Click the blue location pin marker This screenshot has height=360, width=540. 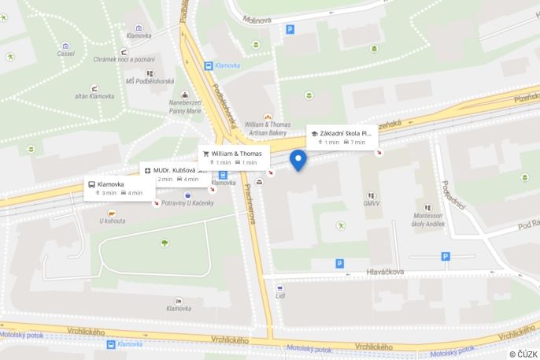pos(298,160)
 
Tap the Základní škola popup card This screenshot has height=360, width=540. pos(342,137)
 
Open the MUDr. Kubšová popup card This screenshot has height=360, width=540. pos(175,174)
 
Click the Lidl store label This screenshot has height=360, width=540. pos(279,296)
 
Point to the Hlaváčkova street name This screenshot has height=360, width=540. pos(385,272)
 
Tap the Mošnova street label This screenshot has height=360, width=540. pos(257,20)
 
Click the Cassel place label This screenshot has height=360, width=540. pos(65,54)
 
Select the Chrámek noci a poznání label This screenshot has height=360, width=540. pos(124,59)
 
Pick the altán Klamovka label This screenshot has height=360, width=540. pos(94,96)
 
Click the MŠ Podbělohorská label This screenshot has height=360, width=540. pos(150,81)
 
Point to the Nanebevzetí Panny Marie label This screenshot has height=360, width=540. pos(186,106)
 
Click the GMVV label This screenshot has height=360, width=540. pos(371,204)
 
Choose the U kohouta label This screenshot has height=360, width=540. pos(113,221)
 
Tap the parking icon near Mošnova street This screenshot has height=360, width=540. pos(290,29)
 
